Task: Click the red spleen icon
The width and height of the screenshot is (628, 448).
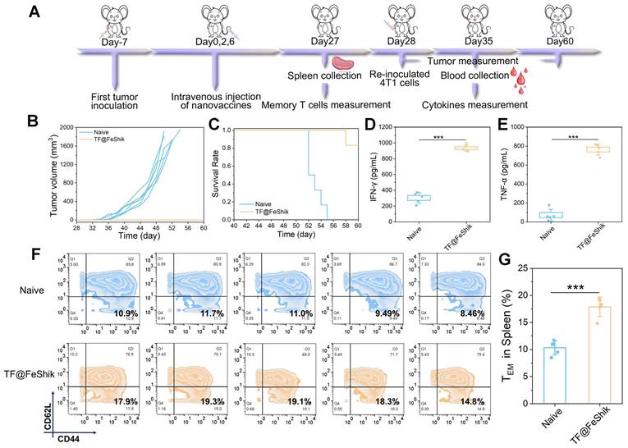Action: (x=342, y=63)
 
